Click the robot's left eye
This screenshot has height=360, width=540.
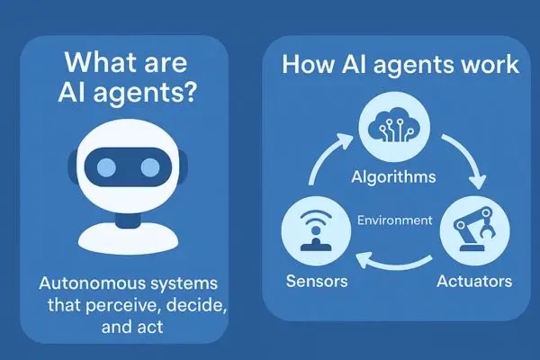(x=106, y=167)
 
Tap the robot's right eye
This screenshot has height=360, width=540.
(x=150, y=167)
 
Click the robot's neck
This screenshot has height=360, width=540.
(x=128, y=220)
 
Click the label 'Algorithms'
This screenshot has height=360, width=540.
(x=393, y=178)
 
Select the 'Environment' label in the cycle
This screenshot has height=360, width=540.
(x=395, y=220)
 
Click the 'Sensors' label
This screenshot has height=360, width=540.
(x=317, y=281)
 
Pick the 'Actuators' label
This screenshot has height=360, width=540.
(x=474, y=281)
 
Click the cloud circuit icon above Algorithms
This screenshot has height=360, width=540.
(x=394, y=130)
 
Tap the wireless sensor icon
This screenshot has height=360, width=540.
(x=316, y=230)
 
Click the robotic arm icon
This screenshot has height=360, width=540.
(x=475, y=229)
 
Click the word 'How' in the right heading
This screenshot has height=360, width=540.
(x=308, y=65)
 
